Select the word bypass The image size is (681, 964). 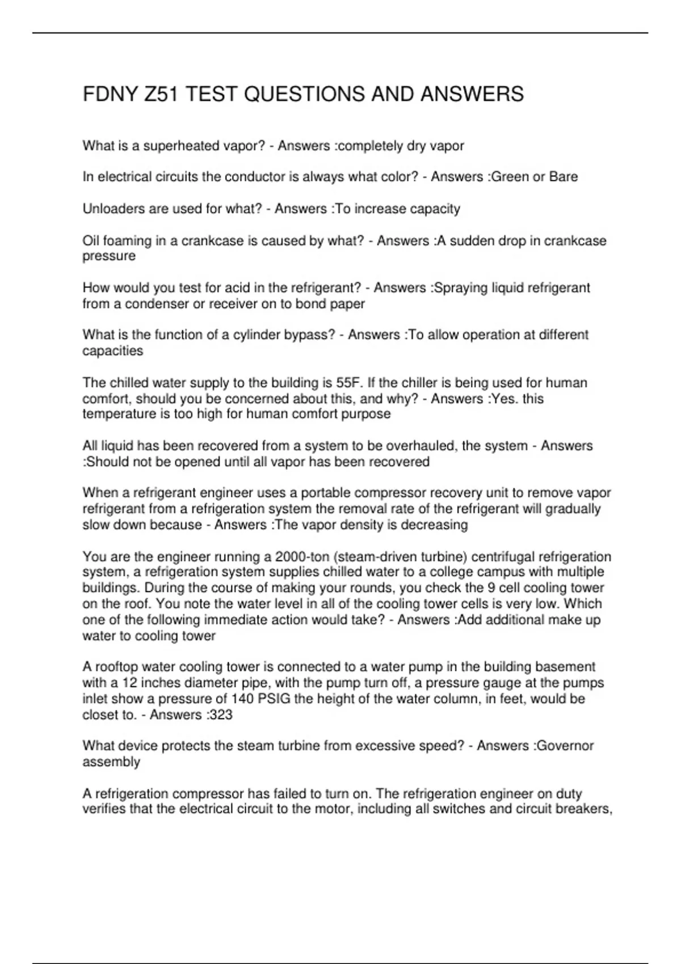coord(308,335)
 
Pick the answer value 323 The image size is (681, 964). coord(220,714)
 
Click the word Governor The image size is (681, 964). coord(565,746)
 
